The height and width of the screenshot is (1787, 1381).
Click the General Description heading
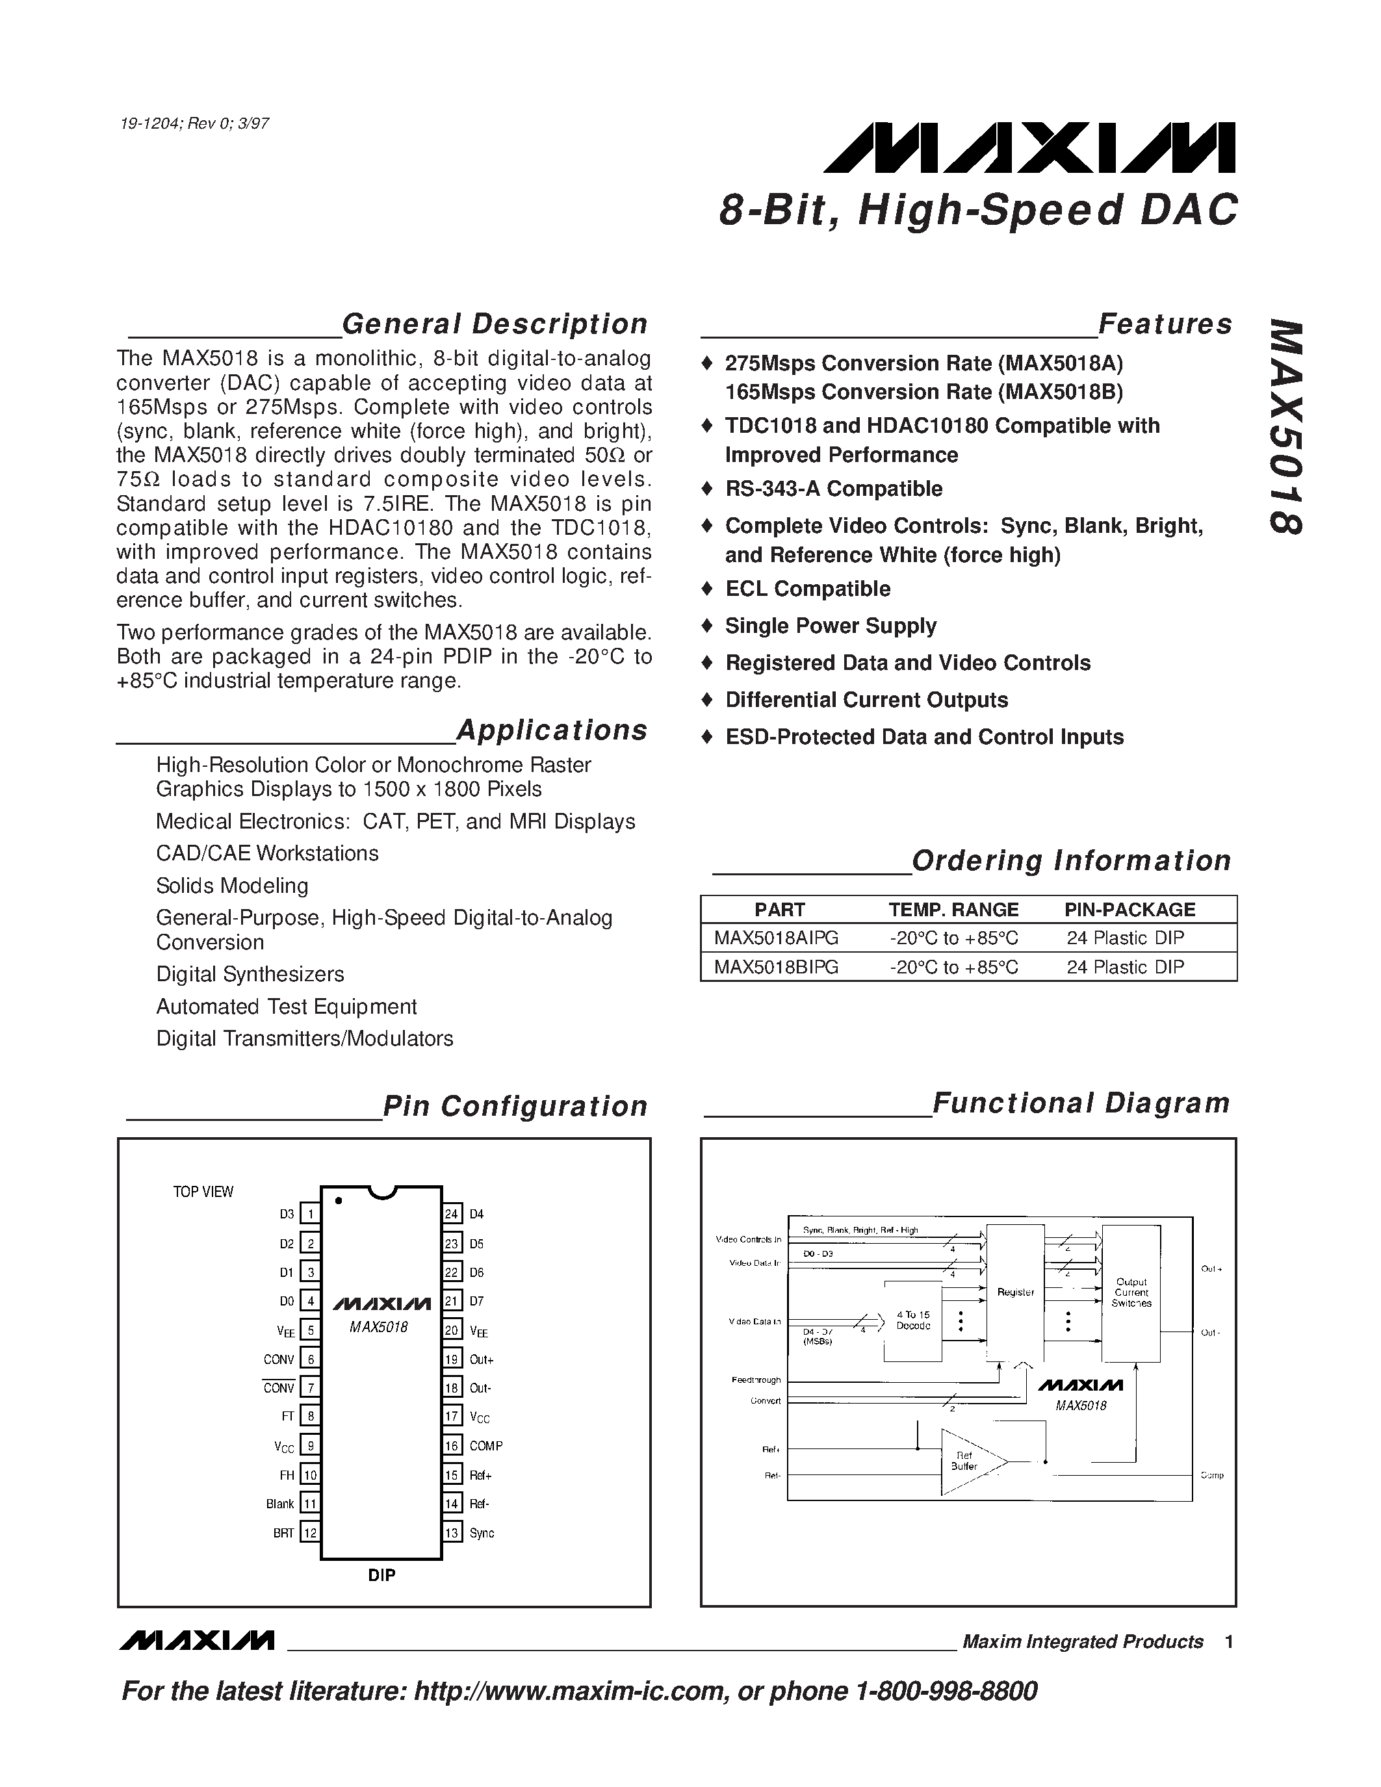point(494,324)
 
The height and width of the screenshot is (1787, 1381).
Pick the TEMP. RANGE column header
point(953,909)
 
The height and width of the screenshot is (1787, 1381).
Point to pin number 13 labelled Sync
point(452,1532)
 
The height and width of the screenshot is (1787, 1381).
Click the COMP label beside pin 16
point(486,1446)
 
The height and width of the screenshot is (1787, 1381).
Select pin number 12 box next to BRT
point(310,1532)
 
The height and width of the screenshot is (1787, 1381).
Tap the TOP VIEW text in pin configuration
point(203,1192)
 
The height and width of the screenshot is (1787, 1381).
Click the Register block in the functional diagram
point(1015,1292)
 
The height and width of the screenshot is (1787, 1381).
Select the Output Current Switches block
point(1131,1292)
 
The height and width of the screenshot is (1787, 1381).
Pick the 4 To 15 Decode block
point(913,1320)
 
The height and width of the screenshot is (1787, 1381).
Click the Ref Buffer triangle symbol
point(970,1461)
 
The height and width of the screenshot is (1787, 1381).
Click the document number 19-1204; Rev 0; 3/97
point(194,124)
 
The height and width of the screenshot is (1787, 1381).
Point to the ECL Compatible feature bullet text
point(808,589)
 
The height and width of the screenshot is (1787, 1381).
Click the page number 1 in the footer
point(1229,1641)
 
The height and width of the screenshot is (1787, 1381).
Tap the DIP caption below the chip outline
point(381,1575)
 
